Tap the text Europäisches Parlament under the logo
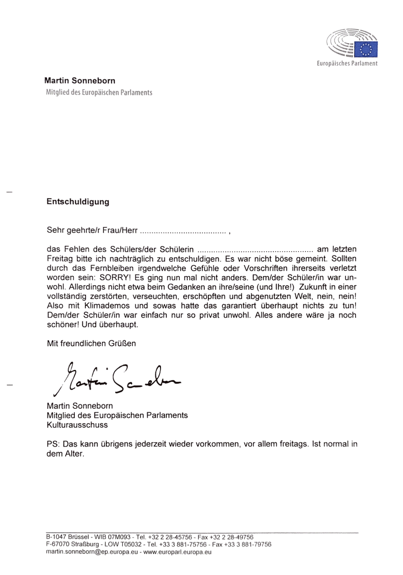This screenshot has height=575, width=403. pyautogui.click(x=347, y=64)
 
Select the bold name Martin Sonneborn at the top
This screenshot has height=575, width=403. pyautogui.click(x=80, y=81)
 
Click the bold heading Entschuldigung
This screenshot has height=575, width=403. pyautogui.click(x=78, y=202)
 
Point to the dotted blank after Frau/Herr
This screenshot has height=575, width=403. pyautogui.click(x=183, y=232)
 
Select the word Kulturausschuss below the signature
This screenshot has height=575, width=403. pyautogui.click(x=77, y=425)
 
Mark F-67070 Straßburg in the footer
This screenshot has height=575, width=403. pyautogui.click(x=68, y=544)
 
